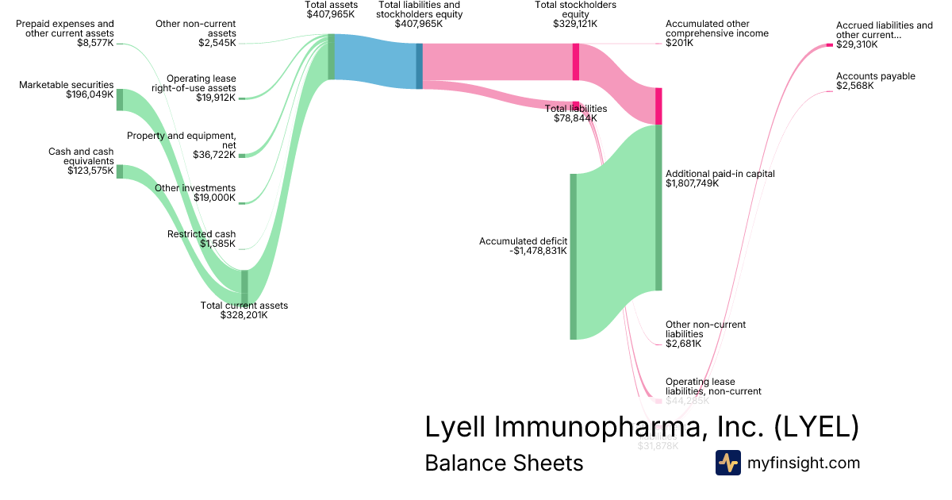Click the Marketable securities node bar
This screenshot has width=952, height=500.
pos(120,100)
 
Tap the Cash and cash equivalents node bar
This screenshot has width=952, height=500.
pos(120,171)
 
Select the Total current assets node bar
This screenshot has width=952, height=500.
pos(244,287)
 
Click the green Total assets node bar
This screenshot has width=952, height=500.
pos(331,57)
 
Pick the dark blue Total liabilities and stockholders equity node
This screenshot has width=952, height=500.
pos(419,66)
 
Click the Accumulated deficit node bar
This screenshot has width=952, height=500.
pos(573,256)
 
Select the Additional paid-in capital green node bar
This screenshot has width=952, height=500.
pos(658,207)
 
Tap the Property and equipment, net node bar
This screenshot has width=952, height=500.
pos(242,156)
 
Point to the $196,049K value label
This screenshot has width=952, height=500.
pos(90,94)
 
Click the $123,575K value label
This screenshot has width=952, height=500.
pos(90,170)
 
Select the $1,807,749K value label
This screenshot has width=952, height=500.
pos(693,183)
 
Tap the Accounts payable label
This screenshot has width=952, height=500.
pos(875,76)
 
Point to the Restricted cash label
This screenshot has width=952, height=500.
pos(202,234)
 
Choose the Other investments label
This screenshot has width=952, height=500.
pos(195,188)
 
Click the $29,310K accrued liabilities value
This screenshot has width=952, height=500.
pos(857,44)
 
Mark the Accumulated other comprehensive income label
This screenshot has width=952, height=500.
pos(717,29)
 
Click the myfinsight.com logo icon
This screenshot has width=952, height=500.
pos(727,463)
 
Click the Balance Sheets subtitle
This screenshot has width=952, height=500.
pos(504,463)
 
